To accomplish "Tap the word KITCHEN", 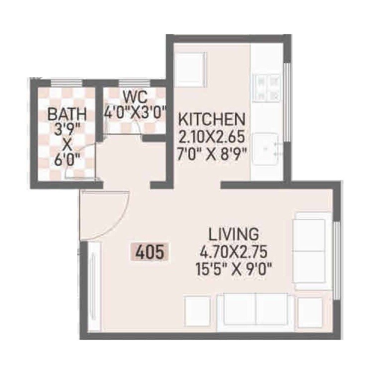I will pos(212,120).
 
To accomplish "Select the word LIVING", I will pos(234,234).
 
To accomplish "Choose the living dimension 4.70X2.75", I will pos(234,249).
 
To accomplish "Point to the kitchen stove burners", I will pos(268,87).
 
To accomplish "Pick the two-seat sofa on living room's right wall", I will pos(311,251).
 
